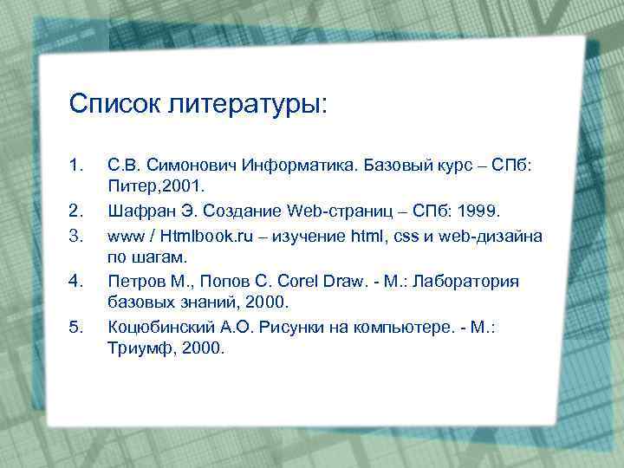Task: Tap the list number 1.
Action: tap(75, 163)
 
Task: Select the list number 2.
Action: tap(75, 210)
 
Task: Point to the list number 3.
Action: tap(75, 234)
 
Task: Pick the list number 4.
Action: tap(75, 280)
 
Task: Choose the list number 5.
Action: tap(75, 327)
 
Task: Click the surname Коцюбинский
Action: tap(158, 327)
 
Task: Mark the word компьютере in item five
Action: tap(387, 327)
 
